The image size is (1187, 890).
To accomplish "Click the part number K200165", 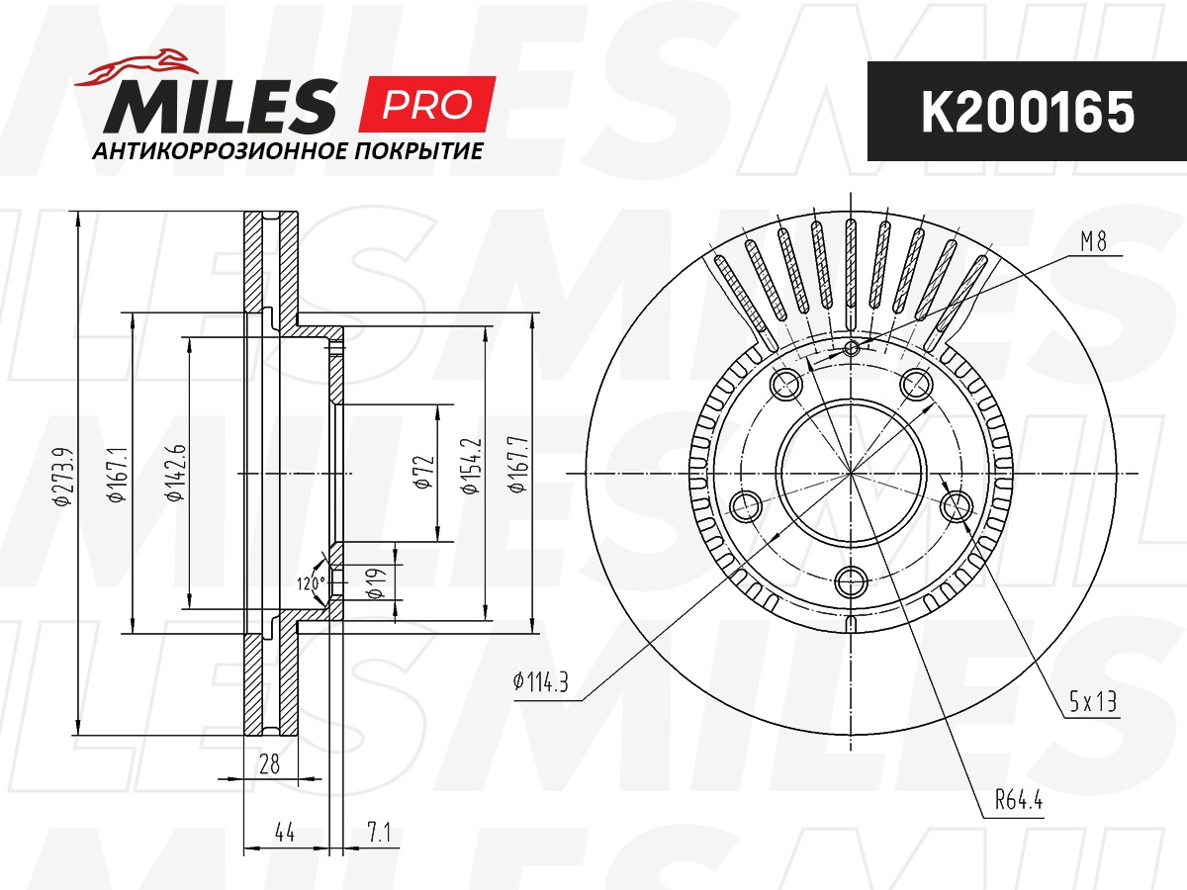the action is click(x=1027, y=112).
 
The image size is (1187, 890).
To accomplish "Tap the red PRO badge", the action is click(x=427, y=104).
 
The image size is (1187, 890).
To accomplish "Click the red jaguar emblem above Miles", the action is click(x=137, y=67).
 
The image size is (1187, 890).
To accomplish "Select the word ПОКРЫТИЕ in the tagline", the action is click(x=418, y=151).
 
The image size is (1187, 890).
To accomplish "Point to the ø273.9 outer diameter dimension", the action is click(x=62, y=476).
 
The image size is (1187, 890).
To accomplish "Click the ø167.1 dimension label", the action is click(x=118, y=475).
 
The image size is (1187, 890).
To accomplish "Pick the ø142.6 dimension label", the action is click(x=176, y=473).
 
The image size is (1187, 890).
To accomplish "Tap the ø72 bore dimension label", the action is click(x=423, y=472).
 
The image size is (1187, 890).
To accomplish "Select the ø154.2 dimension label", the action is click(x=470, y=466).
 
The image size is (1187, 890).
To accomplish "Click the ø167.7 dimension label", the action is click(x=517, y=464).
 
